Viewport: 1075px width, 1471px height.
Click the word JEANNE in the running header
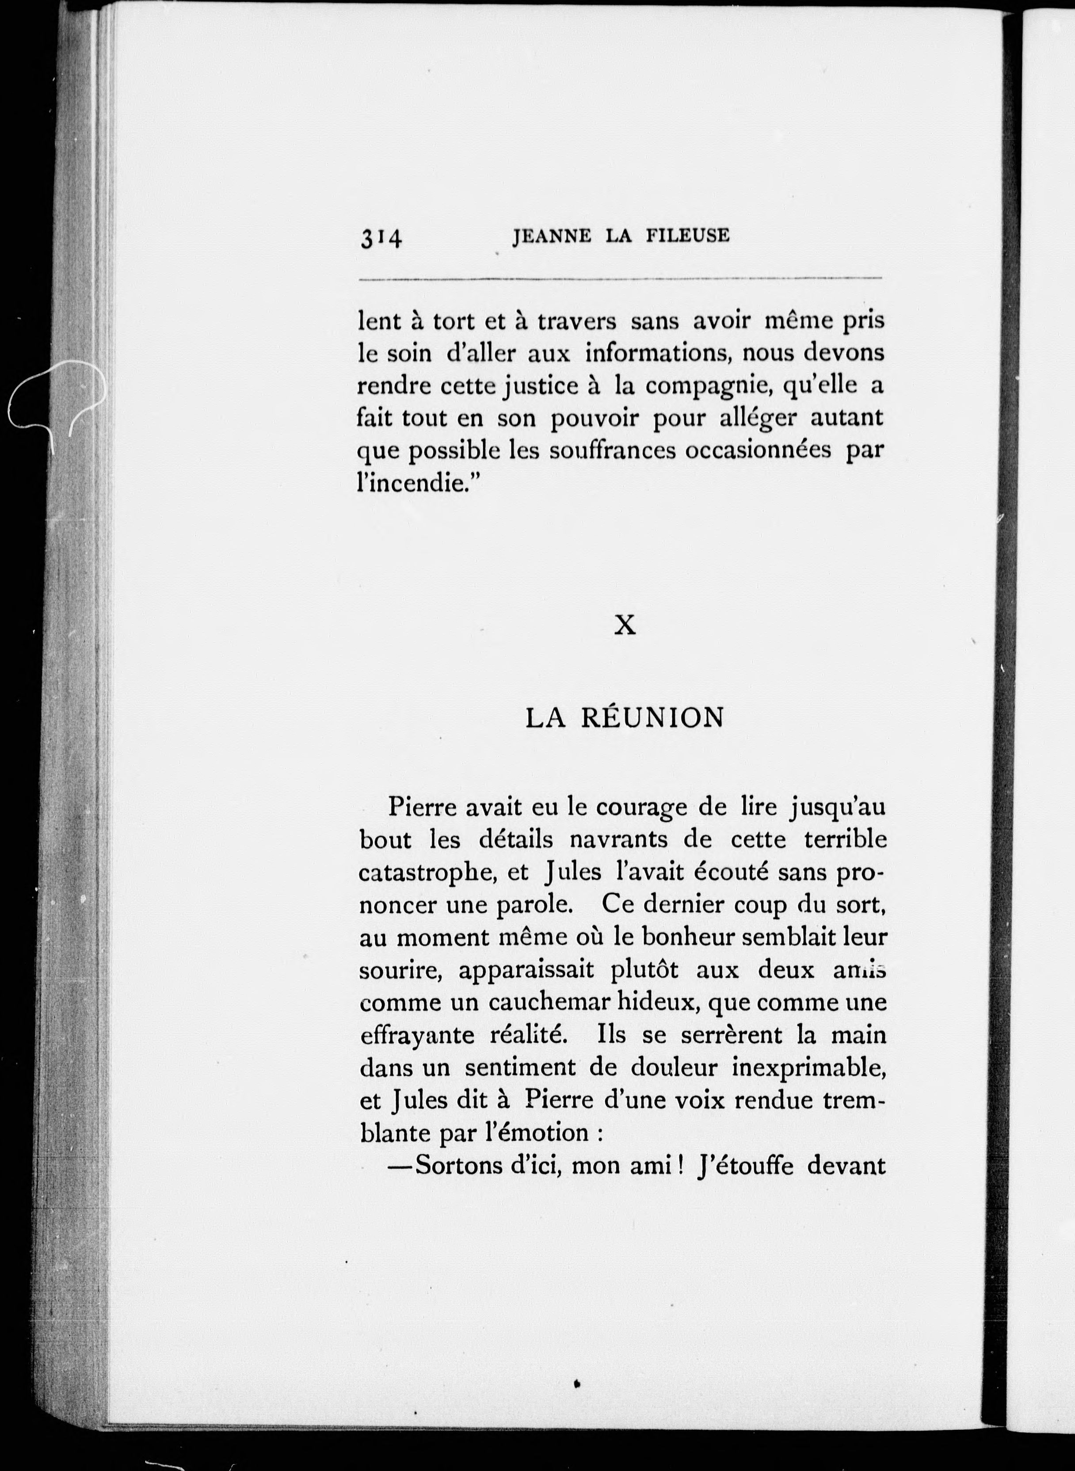click(x=552, y=236)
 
